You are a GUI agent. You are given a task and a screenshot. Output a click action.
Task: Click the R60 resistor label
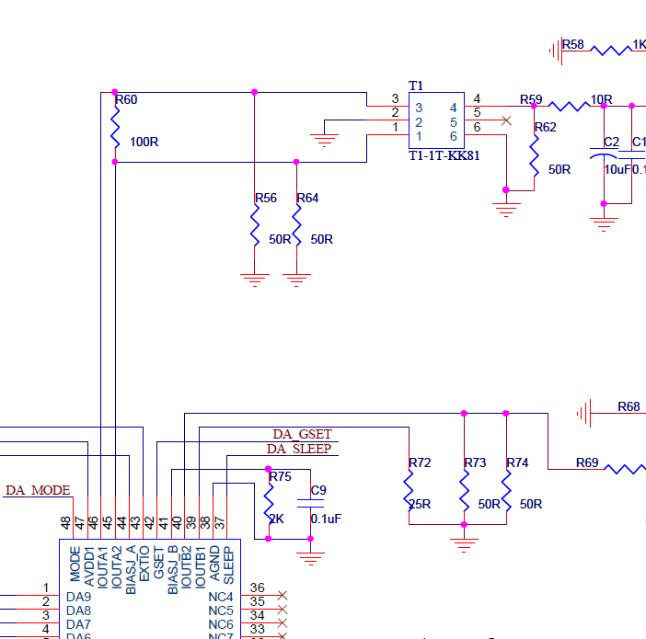(128, 99)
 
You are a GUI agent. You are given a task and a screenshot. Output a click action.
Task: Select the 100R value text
(144, 143)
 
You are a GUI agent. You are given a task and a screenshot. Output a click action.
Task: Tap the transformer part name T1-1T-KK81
(444, 156)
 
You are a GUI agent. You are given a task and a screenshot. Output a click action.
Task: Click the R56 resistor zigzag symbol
(255, 225)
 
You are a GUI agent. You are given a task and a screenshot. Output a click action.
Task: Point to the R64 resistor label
(307, 198)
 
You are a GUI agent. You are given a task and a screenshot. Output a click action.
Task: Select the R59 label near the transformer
(531, 99)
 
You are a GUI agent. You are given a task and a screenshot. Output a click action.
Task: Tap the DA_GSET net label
(302, 434)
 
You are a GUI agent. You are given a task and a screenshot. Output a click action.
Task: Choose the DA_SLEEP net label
(299, 449)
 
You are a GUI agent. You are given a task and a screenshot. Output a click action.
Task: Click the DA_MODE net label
(38, 490)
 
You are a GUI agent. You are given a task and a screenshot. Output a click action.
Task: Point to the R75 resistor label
(281, 476)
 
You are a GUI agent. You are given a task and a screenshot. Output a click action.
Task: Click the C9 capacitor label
(318, 490)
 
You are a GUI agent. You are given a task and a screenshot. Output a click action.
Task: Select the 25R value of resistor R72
(420, 504)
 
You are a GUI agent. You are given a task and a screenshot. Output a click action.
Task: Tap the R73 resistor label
(475, 462)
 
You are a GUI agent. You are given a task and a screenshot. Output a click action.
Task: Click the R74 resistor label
(517, 462)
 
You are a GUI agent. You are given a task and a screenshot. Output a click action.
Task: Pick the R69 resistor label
(587, 462)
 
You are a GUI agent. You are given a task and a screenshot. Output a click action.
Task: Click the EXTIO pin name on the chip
(144, 561)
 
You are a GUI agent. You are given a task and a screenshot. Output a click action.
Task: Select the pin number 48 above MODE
(66, 522)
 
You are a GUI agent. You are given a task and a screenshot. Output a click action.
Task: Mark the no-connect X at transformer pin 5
(505, 120)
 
